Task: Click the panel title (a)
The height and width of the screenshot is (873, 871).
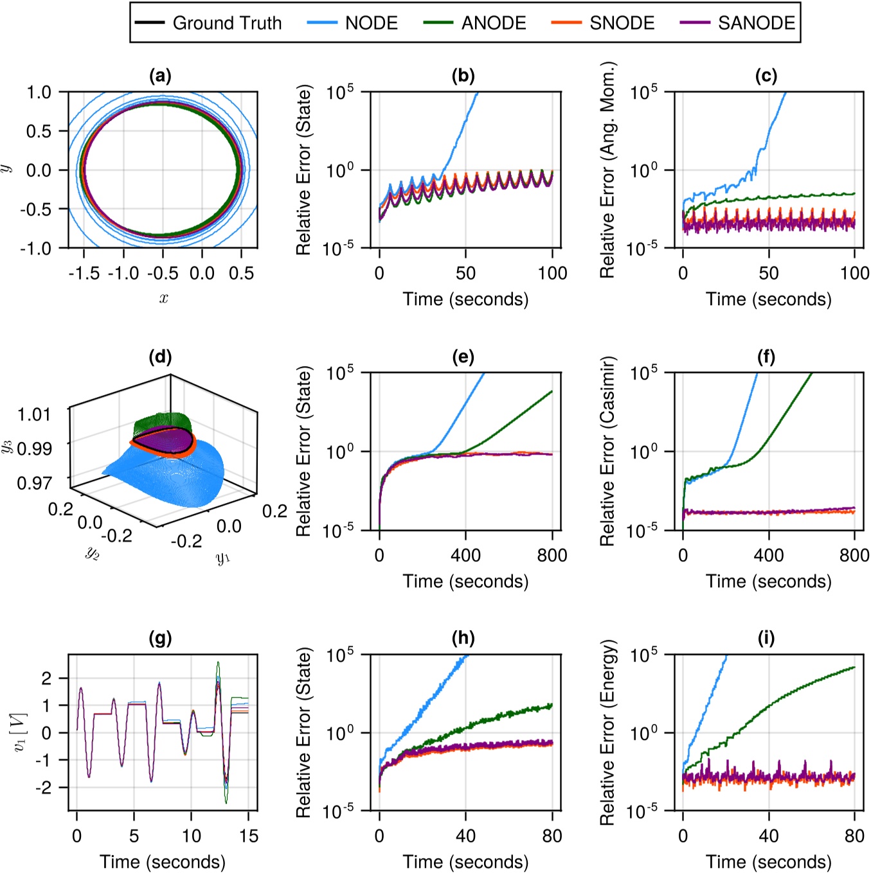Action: coord(160,76)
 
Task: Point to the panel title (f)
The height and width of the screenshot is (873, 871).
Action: coord(766,357)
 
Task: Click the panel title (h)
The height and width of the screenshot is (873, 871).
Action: coord(463,638)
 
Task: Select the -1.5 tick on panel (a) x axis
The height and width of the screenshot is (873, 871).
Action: coord(84,274)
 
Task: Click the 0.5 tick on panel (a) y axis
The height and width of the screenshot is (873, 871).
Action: coord(39,131)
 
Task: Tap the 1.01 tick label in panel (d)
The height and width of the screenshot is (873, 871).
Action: coord(34,414)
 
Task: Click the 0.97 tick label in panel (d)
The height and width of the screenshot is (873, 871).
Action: coord(34,482)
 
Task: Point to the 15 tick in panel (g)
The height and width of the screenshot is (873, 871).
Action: coord(248,836)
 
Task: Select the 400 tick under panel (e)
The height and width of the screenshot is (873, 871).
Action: coord(465,555)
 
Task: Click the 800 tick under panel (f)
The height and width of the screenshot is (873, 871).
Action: coord(854,555)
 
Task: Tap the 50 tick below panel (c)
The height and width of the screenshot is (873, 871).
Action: coord(768,274)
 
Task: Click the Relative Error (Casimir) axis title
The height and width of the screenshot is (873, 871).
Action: coord(607,451)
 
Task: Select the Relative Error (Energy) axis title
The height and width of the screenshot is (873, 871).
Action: coord(607,732)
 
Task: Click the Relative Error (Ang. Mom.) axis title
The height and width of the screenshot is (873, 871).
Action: coord(607,170)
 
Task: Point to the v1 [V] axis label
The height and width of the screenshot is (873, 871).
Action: coord(21,732)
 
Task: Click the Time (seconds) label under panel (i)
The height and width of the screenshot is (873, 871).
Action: coord(768,861)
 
